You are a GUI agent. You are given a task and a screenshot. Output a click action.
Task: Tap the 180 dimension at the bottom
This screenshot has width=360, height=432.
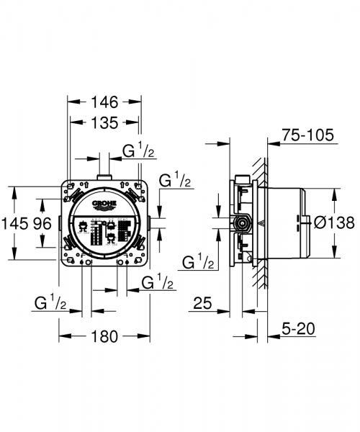[x=104, y=336]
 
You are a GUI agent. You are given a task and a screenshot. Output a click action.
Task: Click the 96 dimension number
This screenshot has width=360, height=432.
[x=42, y=223]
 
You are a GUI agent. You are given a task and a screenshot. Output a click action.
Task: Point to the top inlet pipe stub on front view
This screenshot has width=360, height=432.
[x=105, y=174]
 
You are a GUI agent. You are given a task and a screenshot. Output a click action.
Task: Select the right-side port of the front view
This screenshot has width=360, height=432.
[x=148, y=223]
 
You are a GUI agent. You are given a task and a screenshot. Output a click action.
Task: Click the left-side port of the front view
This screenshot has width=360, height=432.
[x=63, y=223]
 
